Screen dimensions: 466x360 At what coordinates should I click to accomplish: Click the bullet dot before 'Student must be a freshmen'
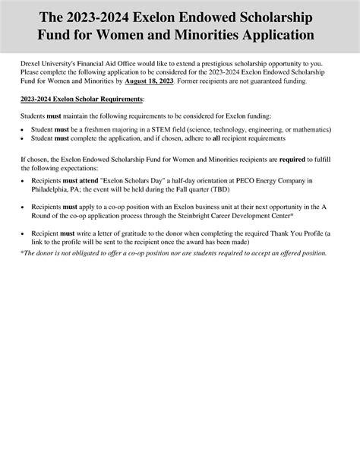24,131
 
